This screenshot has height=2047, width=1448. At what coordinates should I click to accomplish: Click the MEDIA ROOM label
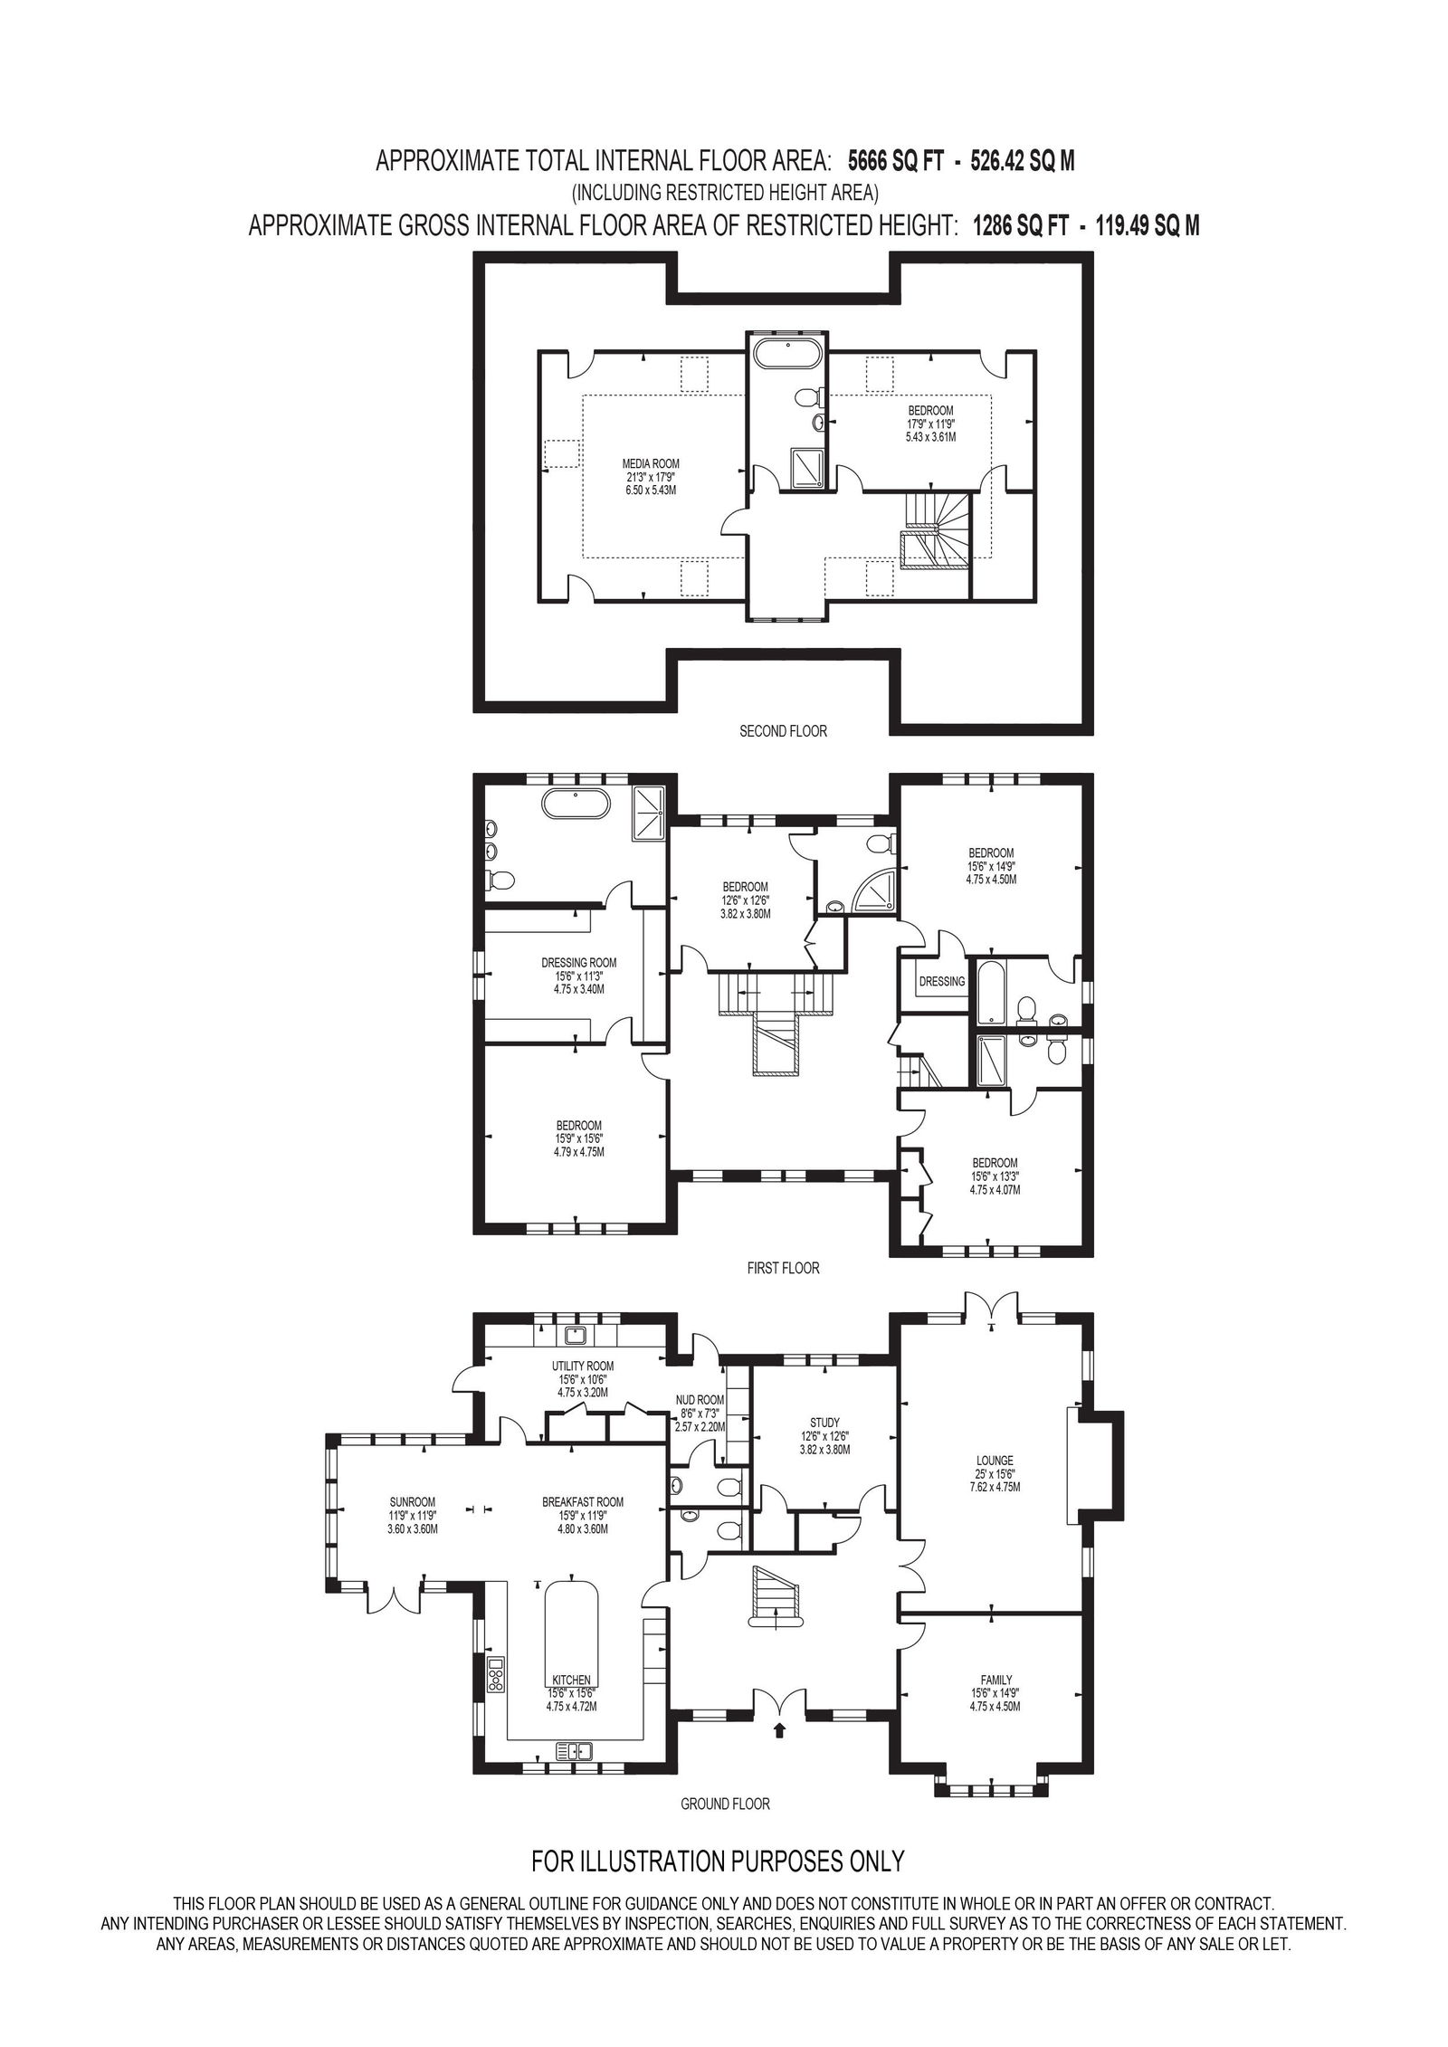644,463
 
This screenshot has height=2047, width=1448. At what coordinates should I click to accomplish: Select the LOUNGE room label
995,1485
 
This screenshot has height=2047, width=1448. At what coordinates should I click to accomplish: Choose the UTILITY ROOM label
583,1366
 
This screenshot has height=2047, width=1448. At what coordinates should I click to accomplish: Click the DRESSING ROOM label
578,962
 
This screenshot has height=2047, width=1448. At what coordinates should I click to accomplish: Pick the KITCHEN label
571,1680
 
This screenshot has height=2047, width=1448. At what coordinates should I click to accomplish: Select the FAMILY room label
995,1680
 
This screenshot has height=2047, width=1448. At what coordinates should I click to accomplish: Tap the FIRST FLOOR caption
783,1268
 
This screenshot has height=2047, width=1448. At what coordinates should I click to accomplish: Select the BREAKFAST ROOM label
583,1502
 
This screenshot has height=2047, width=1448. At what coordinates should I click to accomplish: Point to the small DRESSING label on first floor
942,981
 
